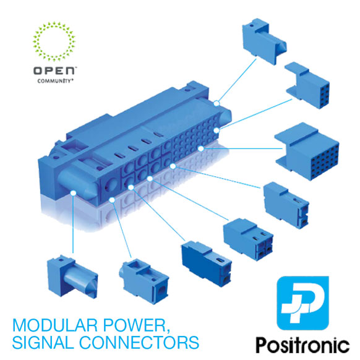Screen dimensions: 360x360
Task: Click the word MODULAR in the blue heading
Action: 55,325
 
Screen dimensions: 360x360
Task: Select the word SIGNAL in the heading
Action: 43,343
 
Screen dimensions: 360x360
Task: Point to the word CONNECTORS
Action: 139,343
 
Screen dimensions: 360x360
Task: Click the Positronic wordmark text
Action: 303,345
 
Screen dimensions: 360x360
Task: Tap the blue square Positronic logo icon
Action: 303,303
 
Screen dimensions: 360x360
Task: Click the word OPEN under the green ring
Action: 54,71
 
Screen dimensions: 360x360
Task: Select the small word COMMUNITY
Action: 55,81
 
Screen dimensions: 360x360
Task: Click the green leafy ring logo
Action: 54,41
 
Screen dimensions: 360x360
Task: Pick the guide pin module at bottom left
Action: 72,277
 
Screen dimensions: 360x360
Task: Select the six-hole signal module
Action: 307,85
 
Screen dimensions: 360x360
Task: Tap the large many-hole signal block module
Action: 307,151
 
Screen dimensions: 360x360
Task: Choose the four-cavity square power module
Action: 249,239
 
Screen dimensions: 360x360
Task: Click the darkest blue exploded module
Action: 207,263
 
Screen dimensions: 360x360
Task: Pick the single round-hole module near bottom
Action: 144,281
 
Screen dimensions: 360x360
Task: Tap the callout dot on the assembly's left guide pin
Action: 73,193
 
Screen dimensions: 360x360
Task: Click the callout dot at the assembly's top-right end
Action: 216,103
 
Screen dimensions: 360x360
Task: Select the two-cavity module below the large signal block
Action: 286,205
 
